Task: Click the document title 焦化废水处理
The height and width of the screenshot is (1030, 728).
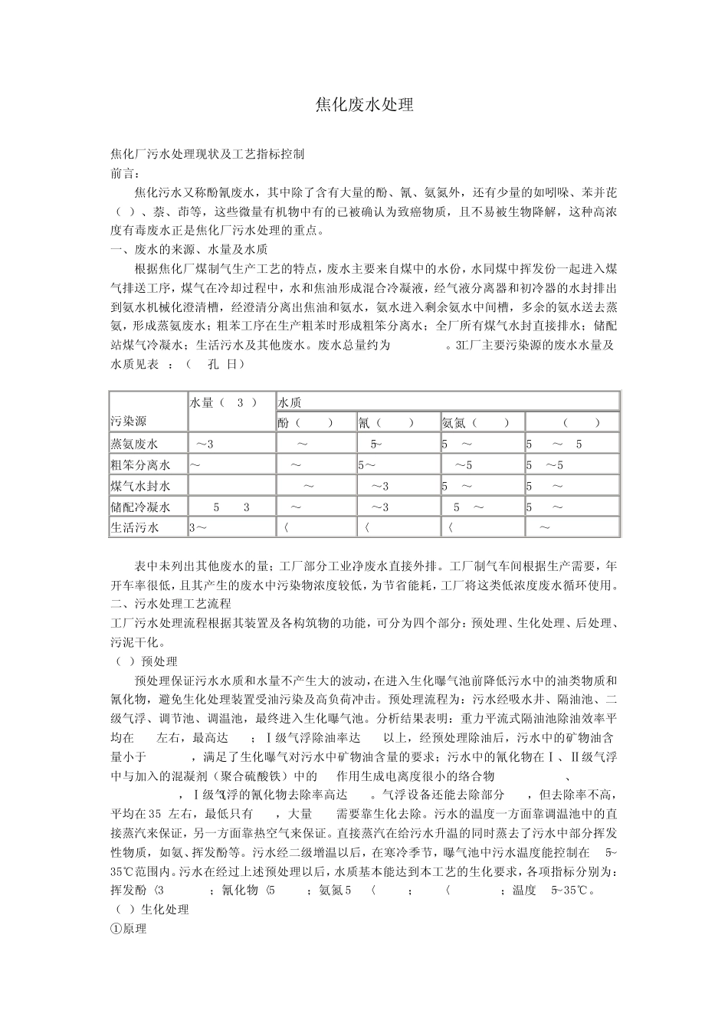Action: [x=364, y=106]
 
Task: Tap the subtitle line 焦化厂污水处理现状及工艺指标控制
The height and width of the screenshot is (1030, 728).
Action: [x=208, y=154]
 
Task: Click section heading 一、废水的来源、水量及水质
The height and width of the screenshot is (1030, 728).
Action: [x=189, y=249]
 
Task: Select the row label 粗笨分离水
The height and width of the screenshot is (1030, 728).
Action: [x=139, y=464]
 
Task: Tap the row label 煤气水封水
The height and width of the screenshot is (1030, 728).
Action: [x=139, y=486]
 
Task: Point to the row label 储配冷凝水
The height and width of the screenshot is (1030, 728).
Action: [x=139, y=507]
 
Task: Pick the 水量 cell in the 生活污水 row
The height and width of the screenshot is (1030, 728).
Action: [x=198, y=527]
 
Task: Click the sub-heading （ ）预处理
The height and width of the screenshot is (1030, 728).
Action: [x=146, y=661]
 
